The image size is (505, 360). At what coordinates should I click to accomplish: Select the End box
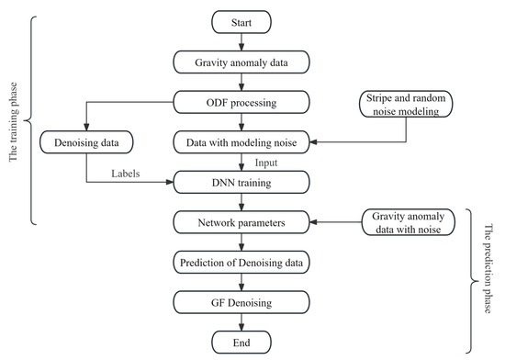click(x=241, y=342)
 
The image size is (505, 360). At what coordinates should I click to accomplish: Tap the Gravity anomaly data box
click(x=241, y=62)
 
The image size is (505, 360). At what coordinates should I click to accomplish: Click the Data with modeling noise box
click(x=241, y=142)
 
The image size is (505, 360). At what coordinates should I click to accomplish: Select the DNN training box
click(x=241, y=182)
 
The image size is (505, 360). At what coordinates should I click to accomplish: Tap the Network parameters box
click(x=241, y=222)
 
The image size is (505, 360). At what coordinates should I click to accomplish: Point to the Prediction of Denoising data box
click(x=241, y=263)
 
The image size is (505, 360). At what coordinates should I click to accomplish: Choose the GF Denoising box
click(x=241, y=302)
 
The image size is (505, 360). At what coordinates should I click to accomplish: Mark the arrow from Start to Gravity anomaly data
click(x=241, y=40)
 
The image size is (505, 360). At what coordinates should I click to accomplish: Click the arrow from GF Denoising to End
click(x=241, y=321)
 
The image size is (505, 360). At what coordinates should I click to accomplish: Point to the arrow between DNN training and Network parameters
click(x=241, y=202)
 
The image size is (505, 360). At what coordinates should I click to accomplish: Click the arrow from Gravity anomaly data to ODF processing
click(x=241, y=82)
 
